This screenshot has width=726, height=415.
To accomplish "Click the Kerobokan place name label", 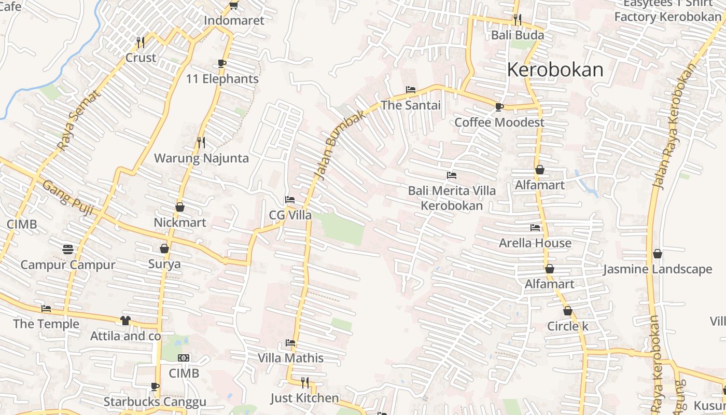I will pyautogui.click(x=555, y=70).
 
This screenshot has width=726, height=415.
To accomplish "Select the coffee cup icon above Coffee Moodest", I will pyautogui.click(x=499, y=107).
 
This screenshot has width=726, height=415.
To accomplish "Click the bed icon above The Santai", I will pyautogui.click(x=411, y=90).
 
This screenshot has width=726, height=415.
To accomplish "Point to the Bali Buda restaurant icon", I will pyautogui.click(x=517, y=20).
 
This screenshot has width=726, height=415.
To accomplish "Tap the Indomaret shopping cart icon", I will pyautogui.click(x=233, y=5).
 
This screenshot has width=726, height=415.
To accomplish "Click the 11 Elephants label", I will pyautogui.click(x=222, y=79).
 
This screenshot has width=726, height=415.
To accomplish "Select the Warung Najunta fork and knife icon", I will pyautogui.click(x=201, y=142).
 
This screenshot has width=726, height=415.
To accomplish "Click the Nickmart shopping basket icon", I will pyautogui.click(x=180, y=207).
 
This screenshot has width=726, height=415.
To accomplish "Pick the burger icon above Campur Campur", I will pyautogui.click(x=68, y=250).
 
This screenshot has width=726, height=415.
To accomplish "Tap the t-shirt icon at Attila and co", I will pyautogui.click(x=125, y=321).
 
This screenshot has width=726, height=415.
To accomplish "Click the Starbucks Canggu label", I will pyautogui.click(x=155, y=402).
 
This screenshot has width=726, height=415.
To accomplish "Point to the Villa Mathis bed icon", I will pyautogui.click(x=290, y=343).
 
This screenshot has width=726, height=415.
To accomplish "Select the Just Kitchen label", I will pyautogui.click(x=304, y=398).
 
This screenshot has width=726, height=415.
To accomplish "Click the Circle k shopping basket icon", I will pyautogui.click(x=568, y=311).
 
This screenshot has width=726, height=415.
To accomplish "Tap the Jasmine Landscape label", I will pyautogui.click(x=658, y=269).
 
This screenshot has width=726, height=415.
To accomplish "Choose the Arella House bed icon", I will pyautogui.click(x=535, y=228).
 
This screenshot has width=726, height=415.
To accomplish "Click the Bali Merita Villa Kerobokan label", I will pyautogui.click(x=452, y=198).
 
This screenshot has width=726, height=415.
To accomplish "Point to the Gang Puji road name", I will pyautogui.click(x=67, y=198).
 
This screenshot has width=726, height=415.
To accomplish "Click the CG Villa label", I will pyautogui.click(x=290, y=215).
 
